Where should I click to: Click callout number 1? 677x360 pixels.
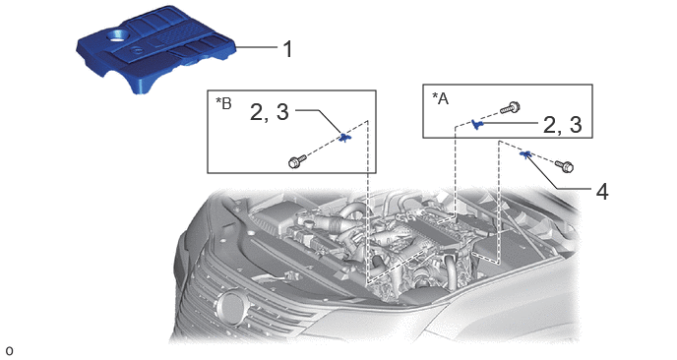[288, 49]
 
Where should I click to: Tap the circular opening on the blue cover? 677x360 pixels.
[116, 35]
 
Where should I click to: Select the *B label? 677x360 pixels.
[223, 103]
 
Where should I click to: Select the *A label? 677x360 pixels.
[441, 98]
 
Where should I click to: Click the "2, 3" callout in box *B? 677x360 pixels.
[270, 113]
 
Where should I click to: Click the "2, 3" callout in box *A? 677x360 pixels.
[562, 125]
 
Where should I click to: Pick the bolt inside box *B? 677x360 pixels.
[296, 161]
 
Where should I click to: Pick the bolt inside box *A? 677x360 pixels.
[511, 107]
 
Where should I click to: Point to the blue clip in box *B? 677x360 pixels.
[344, 138]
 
